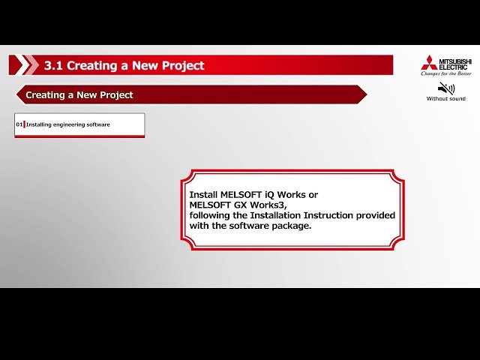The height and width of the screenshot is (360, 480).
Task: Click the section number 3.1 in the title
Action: click(x=53, y=65)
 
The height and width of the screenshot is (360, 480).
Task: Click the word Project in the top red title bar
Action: click(x=181, y=65)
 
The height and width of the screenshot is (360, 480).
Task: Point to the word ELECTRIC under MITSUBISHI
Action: click(x=452, y=66)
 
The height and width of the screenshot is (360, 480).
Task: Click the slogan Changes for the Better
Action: click(x=446, y=73)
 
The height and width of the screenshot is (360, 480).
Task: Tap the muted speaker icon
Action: click(x=446, y=88)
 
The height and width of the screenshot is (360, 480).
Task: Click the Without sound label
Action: click(x=446, y=99)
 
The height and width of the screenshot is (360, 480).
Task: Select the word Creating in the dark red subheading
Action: click(x=44, y=95)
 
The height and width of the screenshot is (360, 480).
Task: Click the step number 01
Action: click(x=19, y=124)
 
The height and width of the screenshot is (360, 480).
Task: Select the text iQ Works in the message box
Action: click(x=281, y=194)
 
